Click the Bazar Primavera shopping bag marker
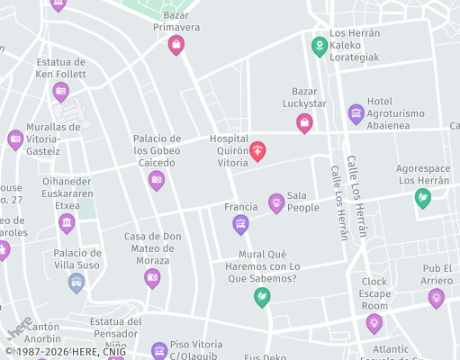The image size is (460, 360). click(176, 43)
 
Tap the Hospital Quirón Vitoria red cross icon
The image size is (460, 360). click(258, 150)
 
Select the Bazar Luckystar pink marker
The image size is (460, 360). click(304, 122)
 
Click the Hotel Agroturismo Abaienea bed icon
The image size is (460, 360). click(356, 113)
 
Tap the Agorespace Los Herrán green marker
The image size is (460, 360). click(422, 198)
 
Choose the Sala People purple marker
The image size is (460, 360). click(276, 202)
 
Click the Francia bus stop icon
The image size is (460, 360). click(240, 224)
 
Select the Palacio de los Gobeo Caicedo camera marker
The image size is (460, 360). click(157, 181)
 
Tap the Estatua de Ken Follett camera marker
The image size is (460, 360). click(60, 90)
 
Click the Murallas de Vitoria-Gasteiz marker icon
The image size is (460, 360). click(15, 139)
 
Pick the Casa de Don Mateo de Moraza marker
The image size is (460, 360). click(152, 277)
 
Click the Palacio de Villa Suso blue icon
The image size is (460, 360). click(77, 283)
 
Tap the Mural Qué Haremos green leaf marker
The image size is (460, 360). click(262, 296)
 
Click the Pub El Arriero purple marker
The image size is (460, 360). click(436, 298)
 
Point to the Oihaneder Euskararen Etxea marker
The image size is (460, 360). click(67, 222)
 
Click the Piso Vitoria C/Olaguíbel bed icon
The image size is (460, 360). click(159, 349)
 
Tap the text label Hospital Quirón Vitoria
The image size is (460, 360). click(229, 150)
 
